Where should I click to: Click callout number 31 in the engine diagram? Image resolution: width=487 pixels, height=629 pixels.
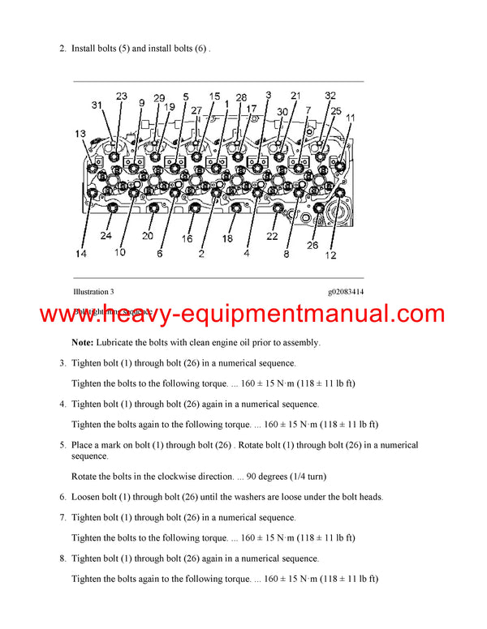point(97,105)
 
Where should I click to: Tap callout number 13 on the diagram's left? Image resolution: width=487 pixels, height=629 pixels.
point(80,134)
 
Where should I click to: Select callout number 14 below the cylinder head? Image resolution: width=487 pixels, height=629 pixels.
point(81,254)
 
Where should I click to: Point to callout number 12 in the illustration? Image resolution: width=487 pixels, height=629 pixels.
point(330,256)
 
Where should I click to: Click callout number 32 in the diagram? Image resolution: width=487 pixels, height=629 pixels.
point(330,96)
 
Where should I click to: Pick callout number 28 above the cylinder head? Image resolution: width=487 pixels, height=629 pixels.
point(241,97)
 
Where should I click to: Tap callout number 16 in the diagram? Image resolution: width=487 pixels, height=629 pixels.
point(187,238)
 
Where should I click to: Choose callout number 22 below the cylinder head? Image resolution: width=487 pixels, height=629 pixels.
point(273,236)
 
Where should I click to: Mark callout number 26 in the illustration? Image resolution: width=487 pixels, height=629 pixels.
point(313,245)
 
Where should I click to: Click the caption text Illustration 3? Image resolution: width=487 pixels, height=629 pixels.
point(93,292)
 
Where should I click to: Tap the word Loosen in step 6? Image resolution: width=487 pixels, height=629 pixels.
point(88,497)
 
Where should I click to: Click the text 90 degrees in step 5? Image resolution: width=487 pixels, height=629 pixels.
point(259,475)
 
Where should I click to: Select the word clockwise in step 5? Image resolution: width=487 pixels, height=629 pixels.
point(179,475)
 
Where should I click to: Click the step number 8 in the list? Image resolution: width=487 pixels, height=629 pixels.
point(62,558)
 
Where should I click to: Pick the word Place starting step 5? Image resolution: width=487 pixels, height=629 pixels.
point(84,445)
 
